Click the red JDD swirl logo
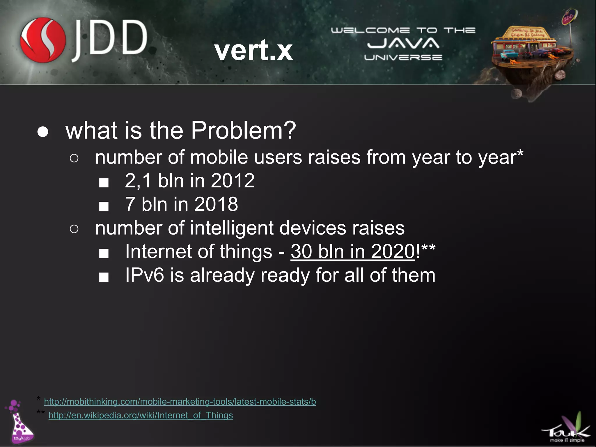43,40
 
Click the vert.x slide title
253,50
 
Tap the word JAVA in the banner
403,43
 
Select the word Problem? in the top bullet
243,130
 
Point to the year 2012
233,180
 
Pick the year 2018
216,204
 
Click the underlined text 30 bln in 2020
353,251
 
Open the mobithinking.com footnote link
180,402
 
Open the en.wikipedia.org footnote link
141,415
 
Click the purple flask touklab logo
20,422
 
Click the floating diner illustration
527,55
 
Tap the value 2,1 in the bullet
138,180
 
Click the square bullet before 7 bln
104,206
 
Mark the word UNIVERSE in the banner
403,57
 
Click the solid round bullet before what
43,132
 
